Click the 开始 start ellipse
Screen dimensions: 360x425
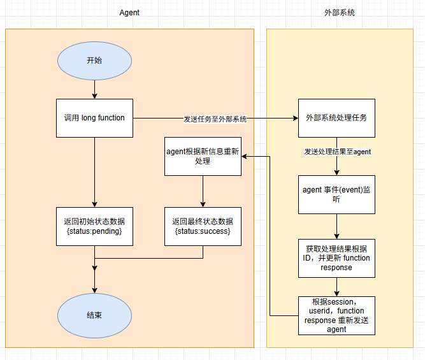[x=94, y=61]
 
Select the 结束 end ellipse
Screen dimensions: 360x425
[x=94, y=315]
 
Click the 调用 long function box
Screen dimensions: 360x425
[x=94, y=118]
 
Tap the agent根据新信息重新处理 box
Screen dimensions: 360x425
[x=203, y=156]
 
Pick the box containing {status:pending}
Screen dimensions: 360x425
[x=94, y=226]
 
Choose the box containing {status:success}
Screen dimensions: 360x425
[x=203, y=226]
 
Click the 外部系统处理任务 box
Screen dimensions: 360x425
[x=336, y=118]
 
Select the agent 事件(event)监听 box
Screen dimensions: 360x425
[x=336, y=194]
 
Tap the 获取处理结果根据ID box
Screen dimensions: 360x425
[x=336, y=258]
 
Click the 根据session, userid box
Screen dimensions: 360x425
[x=336, y=315]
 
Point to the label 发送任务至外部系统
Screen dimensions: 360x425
[x=215, y=119]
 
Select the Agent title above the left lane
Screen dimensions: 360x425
[x=129, y=12]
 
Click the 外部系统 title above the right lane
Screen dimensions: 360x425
[x=340, y=12]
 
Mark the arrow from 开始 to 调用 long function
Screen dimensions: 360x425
[x=94, y=89]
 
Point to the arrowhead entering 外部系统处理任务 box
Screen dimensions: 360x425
[x=294, y=118]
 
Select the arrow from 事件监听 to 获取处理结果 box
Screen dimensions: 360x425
[x=336, y=226]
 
